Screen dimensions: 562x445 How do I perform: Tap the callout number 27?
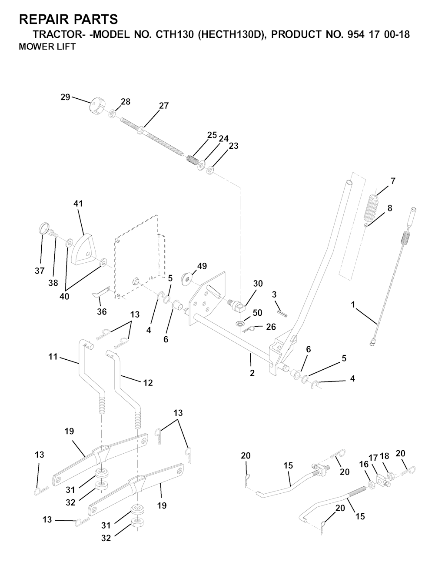[164, 106]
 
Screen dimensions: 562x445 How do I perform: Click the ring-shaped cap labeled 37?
[43, 228]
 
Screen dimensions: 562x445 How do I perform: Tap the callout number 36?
[102, 311]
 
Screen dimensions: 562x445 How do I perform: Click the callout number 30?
[258, 284]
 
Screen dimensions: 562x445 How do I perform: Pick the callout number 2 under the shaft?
[252, 373]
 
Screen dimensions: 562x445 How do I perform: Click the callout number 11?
[53, 357]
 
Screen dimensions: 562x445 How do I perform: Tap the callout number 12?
[148, 383]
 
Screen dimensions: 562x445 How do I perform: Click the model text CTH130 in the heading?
[173, 35]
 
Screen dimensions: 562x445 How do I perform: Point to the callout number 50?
[257, 313]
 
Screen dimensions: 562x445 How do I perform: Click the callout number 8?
[390, 208]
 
